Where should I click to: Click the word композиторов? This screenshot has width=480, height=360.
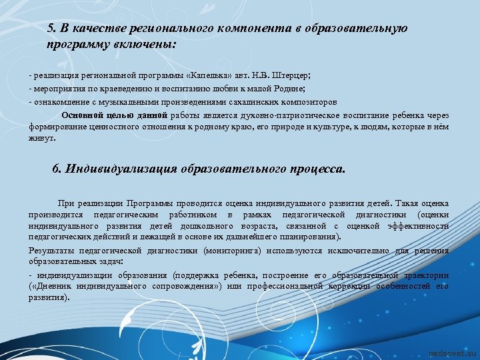click(298, 102)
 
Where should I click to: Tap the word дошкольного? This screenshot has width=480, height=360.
click(198, 226)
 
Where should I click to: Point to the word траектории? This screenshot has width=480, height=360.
click(424, 275)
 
